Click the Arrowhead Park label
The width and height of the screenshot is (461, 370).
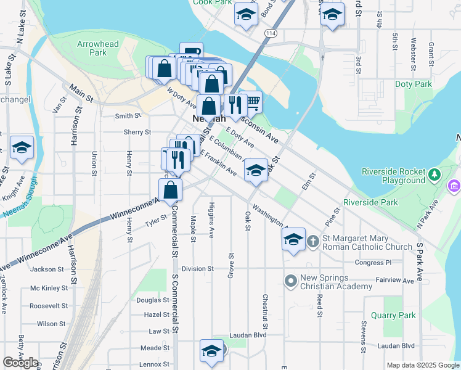tap(92, 48)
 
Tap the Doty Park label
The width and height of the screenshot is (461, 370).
tap(414, 84)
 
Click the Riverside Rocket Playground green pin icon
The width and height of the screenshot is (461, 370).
tap(435, 174)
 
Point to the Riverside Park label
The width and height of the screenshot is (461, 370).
tap(370, 202)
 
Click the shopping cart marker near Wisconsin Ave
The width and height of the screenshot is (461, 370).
tap(250, 102)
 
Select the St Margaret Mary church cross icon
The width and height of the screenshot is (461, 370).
tap(312, 240)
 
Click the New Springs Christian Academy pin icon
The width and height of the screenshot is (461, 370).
tap(291, 281)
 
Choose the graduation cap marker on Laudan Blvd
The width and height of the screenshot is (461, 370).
tap(211, 350)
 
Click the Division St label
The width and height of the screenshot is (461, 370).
tap(197, 269)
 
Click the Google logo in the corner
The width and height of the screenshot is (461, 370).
tap(20, 363)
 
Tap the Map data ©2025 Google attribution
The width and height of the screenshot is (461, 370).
tap(422, 365)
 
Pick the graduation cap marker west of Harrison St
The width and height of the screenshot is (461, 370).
tap(22, 147)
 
